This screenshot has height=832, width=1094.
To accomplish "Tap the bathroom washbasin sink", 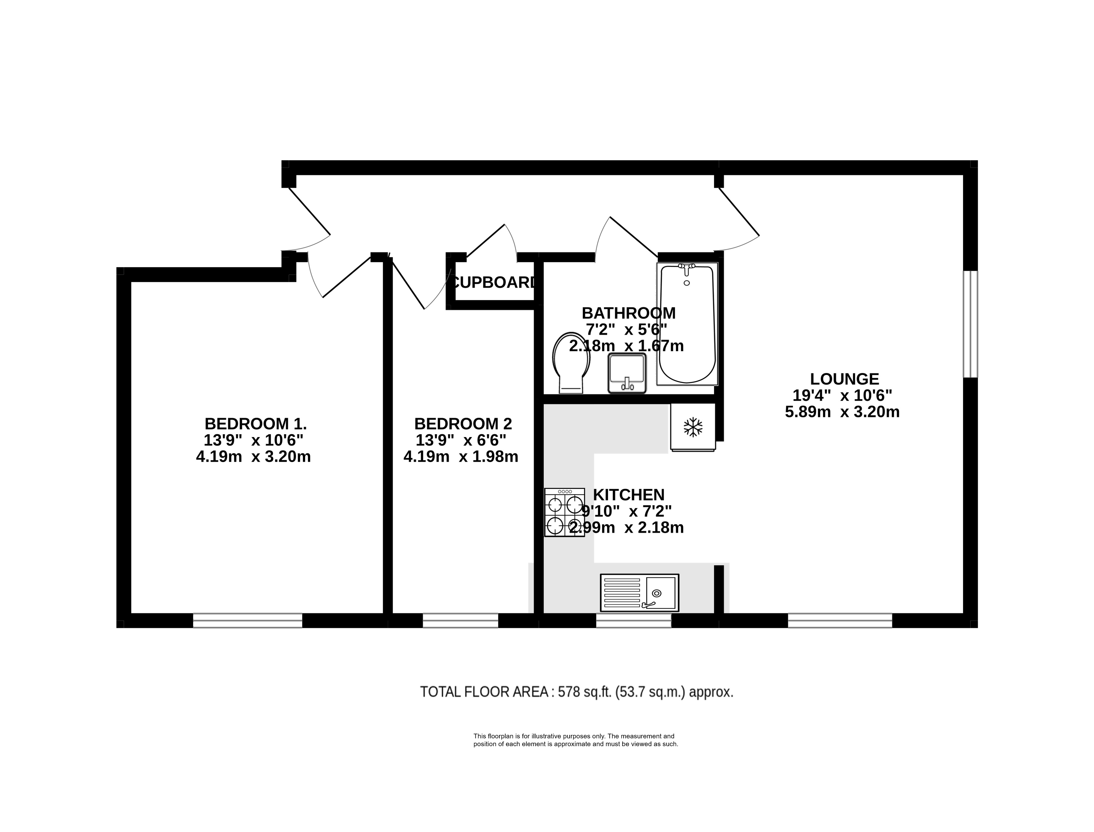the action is [x=627, y=373].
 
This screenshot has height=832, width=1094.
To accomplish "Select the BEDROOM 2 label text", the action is [x=463, y=424].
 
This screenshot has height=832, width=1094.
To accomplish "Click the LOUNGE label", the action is [x=845, y=379].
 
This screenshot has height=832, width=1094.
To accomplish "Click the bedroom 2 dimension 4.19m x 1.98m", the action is [x=461, y=457].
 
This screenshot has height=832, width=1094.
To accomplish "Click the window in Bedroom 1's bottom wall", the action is [x=247, y=621].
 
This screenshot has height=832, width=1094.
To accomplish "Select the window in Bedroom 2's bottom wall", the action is [x=460, y=621].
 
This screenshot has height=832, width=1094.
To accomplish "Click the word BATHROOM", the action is [x=628, y=313].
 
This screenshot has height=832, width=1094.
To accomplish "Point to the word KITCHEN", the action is [x=628, y=495].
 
